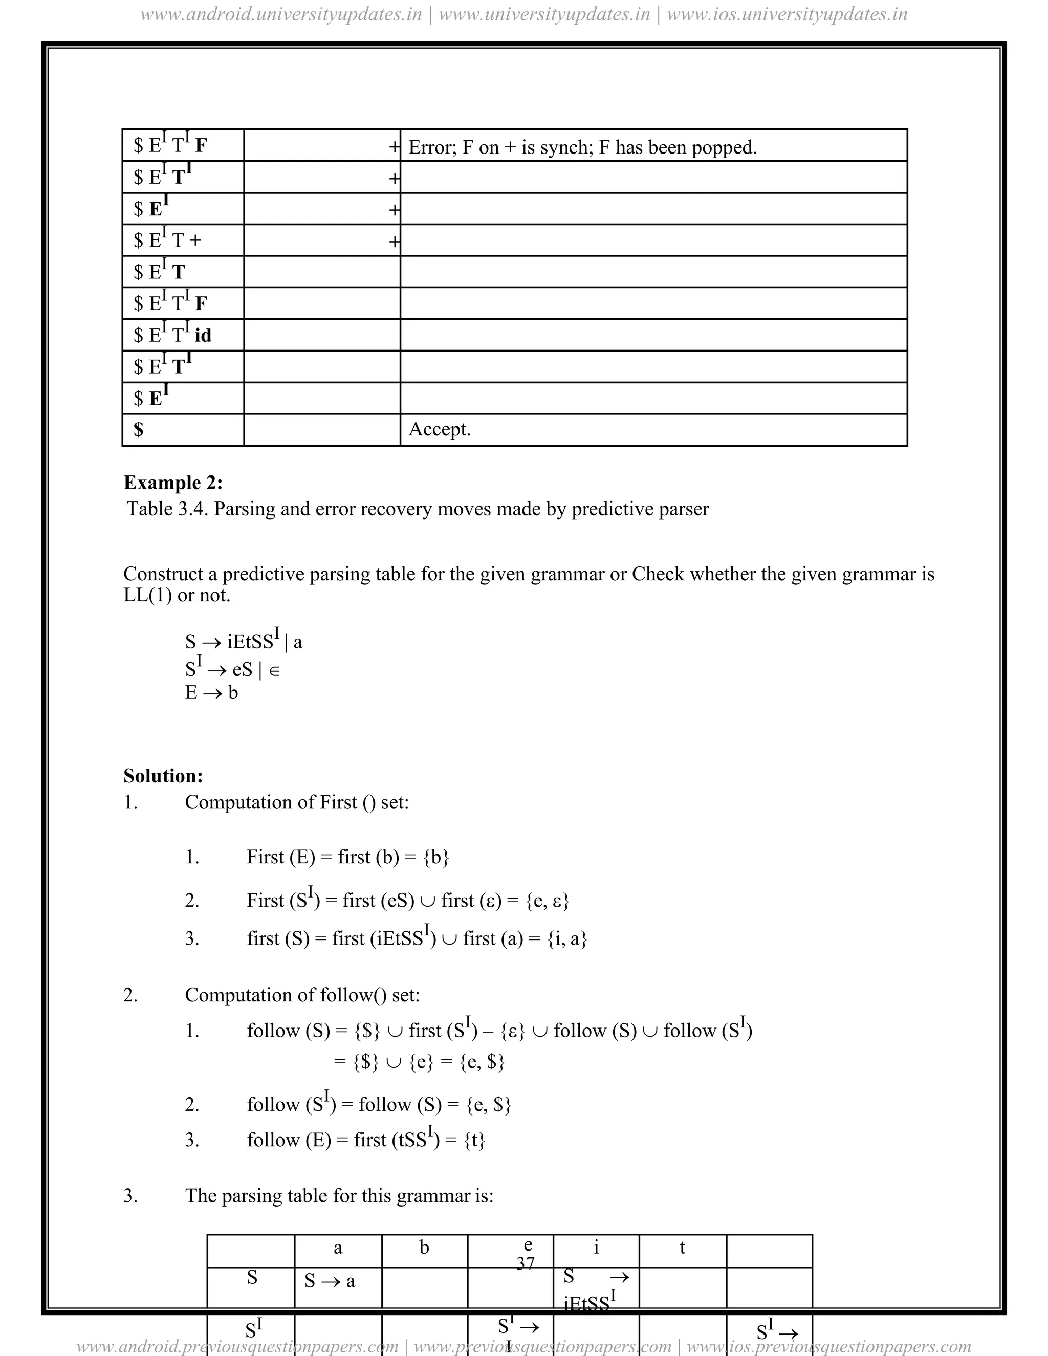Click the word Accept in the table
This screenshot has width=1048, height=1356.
tap(439, 430)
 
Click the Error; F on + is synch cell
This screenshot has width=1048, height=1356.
tap(582, 148)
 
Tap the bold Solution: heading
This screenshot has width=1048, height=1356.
tap(163, 776)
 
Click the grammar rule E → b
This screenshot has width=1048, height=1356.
tap(211, 692)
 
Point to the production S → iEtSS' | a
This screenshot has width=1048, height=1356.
tap(244, 641)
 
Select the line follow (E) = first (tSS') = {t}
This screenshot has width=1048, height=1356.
tap(366, 1140)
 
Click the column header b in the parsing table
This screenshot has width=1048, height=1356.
tap(424, 1248)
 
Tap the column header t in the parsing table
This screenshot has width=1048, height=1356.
tap(682, 1248)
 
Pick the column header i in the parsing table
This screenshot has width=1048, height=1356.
tap(596, 1248)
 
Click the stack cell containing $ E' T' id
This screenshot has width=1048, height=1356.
tap(172, 335)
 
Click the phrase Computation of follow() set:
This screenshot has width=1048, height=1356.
tap(302, 995)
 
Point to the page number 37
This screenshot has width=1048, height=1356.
tap(525, 1263)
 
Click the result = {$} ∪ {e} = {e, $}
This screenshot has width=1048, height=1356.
tap(419, 1062)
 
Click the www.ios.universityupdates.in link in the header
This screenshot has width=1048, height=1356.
tap(787, 14)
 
